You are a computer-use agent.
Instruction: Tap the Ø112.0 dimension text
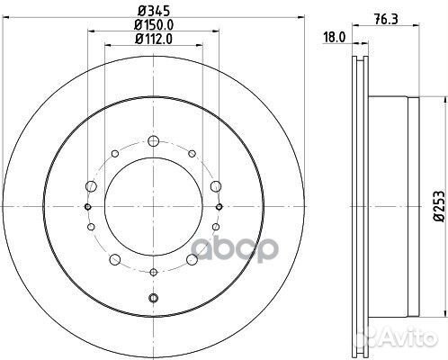(x=152, y=40)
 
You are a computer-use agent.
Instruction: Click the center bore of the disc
(x=152, y=207)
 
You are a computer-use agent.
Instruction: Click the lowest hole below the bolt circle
(x=153, y=299)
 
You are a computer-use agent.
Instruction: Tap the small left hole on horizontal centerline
(x=87, y=207)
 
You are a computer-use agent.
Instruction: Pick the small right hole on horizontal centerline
(x=219, y=207)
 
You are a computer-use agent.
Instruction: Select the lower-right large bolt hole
(x=193, y=261)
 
